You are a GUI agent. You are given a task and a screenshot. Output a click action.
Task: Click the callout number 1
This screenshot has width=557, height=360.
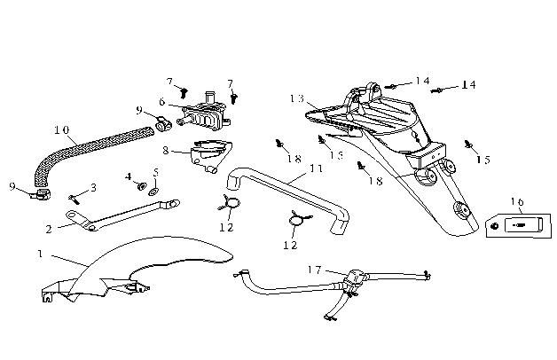pyautogui.click(x=40, y=254)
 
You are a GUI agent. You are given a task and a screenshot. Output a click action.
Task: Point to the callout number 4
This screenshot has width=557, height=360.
pyautogui.click(x=129, y=176)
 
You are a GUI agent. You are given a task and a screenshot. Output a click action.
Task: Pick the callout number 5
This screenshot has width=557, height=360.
pyautogui.click(x=155, y=172)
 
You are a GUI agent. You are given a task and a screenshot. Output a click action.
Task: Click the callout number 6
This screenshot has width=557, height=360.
pyautogui.click(x=162, y=103)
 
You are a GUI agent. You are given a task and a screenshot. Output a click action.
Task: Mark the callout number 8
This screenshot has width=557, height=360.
pyautogui.click(x=165, y=151)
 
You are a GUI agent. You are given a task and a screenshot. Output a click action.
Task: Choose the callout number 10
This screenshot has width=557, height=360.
pyautogui.click(x=61, y=129)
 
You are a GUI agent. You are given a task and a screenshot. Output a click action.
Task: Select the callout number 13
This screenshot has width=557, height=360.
pyautogui.click(x=296, y=98)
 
